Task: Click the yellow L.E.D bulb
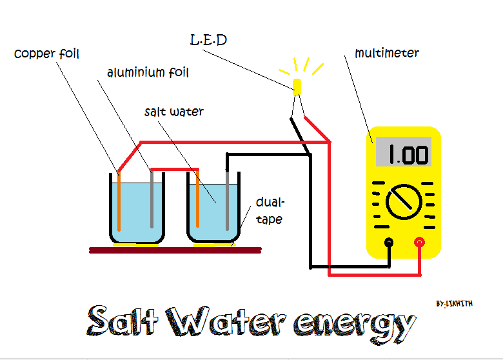[297, 87]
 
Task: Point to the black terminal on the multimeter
[389, 243]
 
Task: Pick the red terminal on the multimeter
[420, 243]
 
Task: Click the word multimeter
[387, 53]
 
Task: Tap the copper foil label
[46, 54]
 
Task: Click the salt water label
[174, 112]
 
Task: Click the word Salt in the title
[123, 321]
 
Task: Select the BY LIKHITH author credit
[454, 303]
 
